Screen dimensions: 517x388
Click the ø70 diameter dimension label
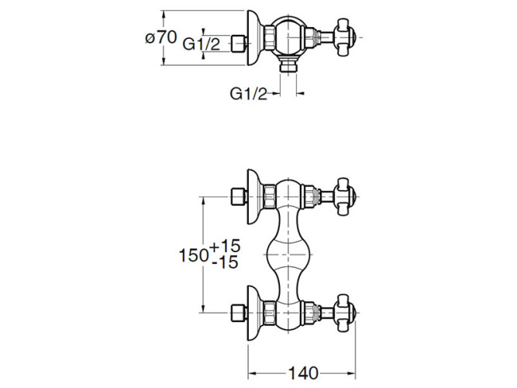pos(161,38)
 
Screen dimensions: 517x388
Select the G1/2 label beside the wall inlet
pos(201,44)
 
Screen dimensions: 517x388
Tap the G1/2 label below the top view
pos(248,94)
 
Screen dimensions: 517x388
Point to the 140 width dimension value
pos(303,373)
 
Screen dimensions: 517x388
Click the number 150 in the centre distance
pos(193,255)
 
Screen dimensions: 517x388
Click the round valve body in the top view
pos(288,37)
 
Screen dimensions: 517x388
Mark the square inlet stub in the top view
pos(239,43)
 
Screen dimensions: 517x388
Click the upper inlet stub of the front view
pos(239,197)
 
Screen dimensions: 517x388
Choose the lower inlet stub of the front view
pos(239,313)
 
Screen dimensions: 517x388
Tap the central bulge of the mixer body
pos(288,255)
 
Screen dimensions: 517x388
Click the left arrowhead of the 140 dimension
pos(252,373)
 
